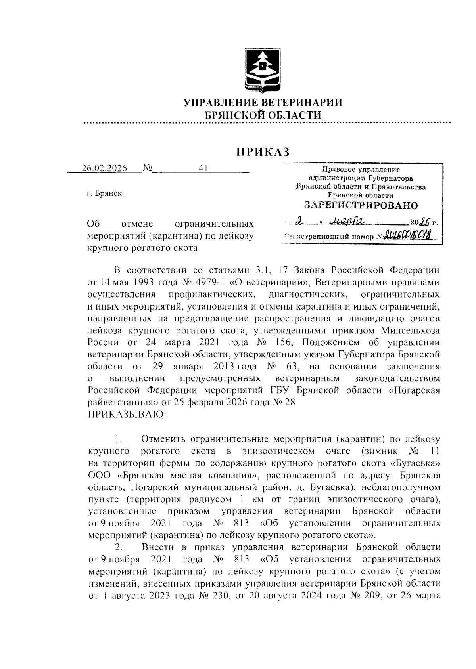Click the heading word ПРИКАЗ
tap(263, 152)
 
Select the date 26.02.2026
tap(104, 168)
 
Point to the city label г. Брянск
tap(104, 193)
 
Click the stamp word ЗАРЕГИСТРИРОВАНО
tap(361, 205)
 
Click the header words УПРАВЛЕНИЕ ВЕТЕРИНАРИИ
tap(263, 103)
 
